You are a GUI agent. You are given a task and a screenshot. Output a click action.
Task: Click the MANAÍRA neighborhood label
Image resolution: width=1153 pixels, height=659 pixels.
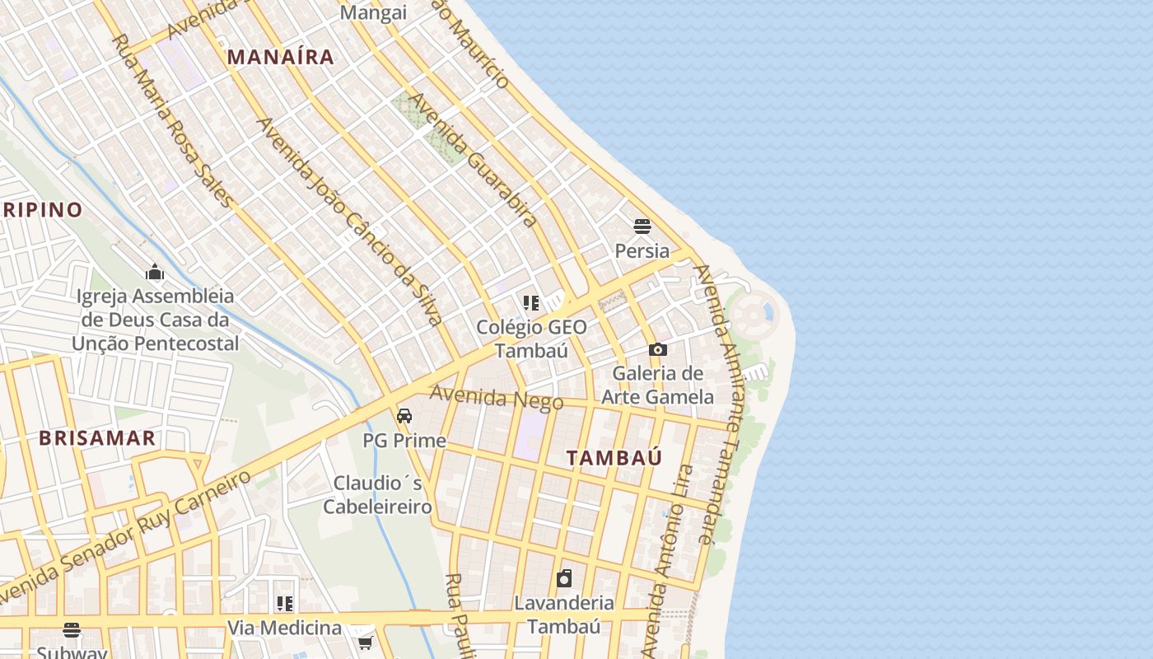point(281,57)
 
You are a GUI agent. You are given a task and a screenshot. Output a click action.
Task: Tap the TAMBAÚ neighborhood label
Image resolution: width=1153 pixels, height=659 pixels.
point(614,458)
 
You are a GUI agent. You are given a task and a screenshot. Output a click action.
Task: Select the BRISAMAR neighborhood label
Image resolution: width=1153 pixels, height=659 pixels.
point(97,437)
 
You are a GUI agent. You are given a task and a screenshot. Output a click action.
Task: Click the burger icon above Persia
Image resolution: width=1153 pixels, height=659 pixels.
point(642,226)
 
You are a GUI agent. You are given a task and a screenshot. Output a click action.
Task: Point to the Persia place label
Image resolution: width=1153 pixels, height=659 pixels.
point(642,250)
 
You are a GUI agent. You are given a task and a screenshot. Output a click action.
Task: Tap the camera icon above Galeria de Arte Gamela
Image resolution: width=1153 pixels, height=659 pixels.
point(657,349)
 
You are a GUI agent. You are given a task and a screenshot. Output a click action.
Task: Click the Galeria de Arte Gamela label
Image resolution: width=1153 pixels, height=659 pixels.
point(657,385)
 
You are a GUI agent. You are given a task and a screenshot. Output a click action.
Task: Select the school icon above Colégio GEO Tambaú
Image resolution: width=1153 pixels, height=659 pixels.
point(531,303)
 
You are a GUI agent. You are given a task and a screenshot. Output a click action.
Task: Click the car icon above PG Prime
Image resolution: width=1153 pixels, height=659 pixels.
point(404,416)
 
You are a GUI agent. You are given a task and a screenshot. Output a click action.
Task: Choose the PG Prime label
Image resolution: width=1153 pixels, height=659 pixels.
point(404,441)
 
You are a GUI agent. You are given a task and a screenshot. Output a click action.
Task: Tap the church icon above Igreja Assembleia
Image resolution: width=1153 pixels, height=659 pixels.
point(155,273)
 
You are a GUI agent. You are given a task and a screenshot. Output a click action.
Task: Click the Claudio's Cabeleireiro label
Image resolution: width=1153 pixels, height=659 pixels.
point(377,494)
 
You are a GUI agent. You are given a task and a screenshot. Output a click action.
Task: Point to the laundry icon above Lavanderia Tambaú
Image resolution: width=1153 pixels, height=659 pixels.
point(564,578)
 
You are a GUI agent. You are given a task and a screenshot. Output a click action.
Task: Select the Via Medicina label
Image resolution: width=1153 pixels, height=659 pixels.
point(284,628)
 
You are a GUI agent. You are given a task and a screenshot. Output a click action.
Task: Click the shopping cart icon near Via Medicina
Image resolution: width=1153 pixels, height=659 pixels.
point(366,643)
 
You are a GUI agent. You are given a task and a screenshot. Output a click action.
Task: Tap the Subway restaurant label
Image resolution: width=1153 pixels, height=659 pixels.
point(72,652)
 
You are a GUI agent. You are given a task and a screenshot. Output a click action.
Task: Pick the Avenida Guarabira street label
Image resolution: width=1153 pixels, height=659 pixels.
point(474,160)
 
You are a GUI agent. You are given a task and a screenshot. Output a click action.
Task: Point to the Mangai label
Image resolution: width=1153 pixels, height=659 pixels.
point(373,12)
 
